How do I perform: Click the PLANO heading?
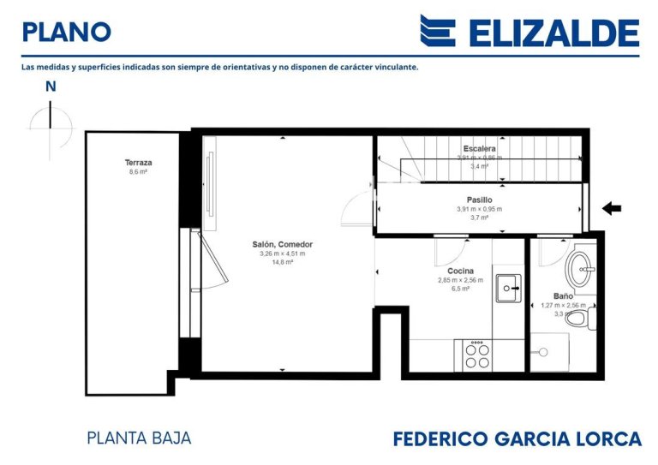(x=66, y=32)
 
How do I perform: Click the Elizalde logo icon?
(x=437, y=31)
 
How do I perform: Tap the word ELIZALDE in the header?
(x=553, y=33)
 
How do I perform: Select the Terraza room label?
(x=138, y=162)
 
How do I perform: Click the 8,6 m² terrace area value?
(x=138, y=171)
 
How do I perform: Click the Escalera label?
(x=480, y=148)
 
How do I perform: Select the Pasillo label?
(x=479, y=200)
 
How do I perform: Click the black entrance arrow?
(x=612, y=208)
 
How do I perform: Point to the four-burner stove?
(x=477, y=355)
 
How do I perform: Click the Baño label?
(x=563, y=295)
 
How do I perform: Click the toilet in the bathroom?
(x=579, y=319)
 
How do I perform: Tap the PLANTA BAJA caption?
(x=139, y=438)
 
